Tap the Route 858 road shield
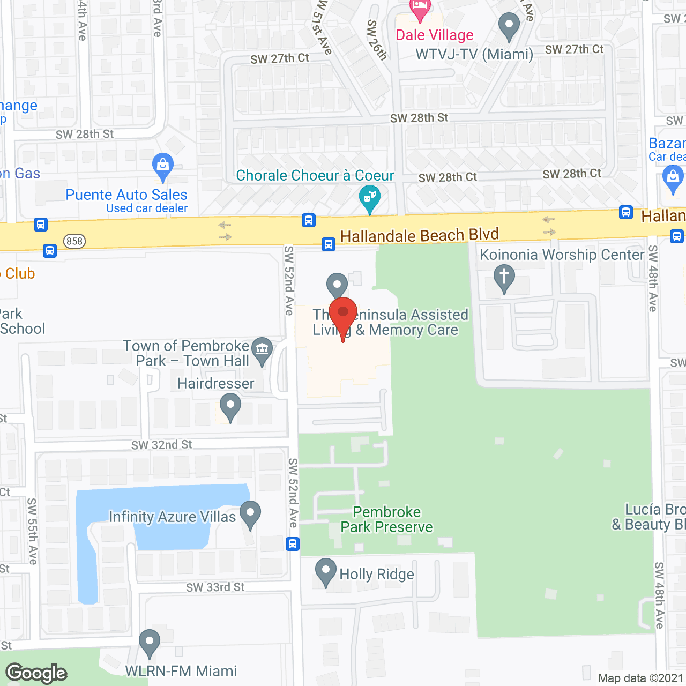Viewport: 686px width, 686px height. click(74, 241)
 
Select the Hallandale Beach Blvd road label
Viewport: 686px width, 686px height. click(419, 235)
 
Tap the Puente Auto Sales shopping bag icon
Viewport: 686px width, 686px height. click(163, 167)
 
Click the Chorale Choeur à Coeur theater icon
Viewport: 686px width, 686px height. click(369, 198)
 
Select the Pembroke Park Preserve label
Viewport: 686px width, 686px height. click(386, 520)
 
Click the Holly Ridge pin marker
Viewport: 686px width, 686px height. click(325, 572)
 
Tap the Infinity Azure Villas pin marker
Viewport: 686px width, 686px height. click(250, 514)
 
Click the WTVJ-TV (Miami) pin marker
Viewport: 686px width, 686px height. click(509, 26)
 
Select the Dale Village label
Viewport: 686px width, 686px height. click(435, 35)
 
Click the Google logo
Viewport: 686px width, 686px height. click(36, 673)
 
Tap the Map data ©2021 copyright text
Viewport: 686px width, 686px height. click(640, 678)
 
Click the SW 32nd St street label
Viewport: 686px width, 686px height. click(161, 445)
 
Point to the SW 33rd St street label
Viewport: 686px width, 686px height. click(215, 587)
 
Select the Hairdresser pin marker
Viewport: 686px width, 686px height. click(230, 406)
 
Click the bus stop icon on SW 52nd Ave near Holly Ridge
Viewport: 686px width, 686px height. click(293, 545)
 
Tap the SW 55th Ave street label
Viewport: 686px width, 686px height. click(32, 531)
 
